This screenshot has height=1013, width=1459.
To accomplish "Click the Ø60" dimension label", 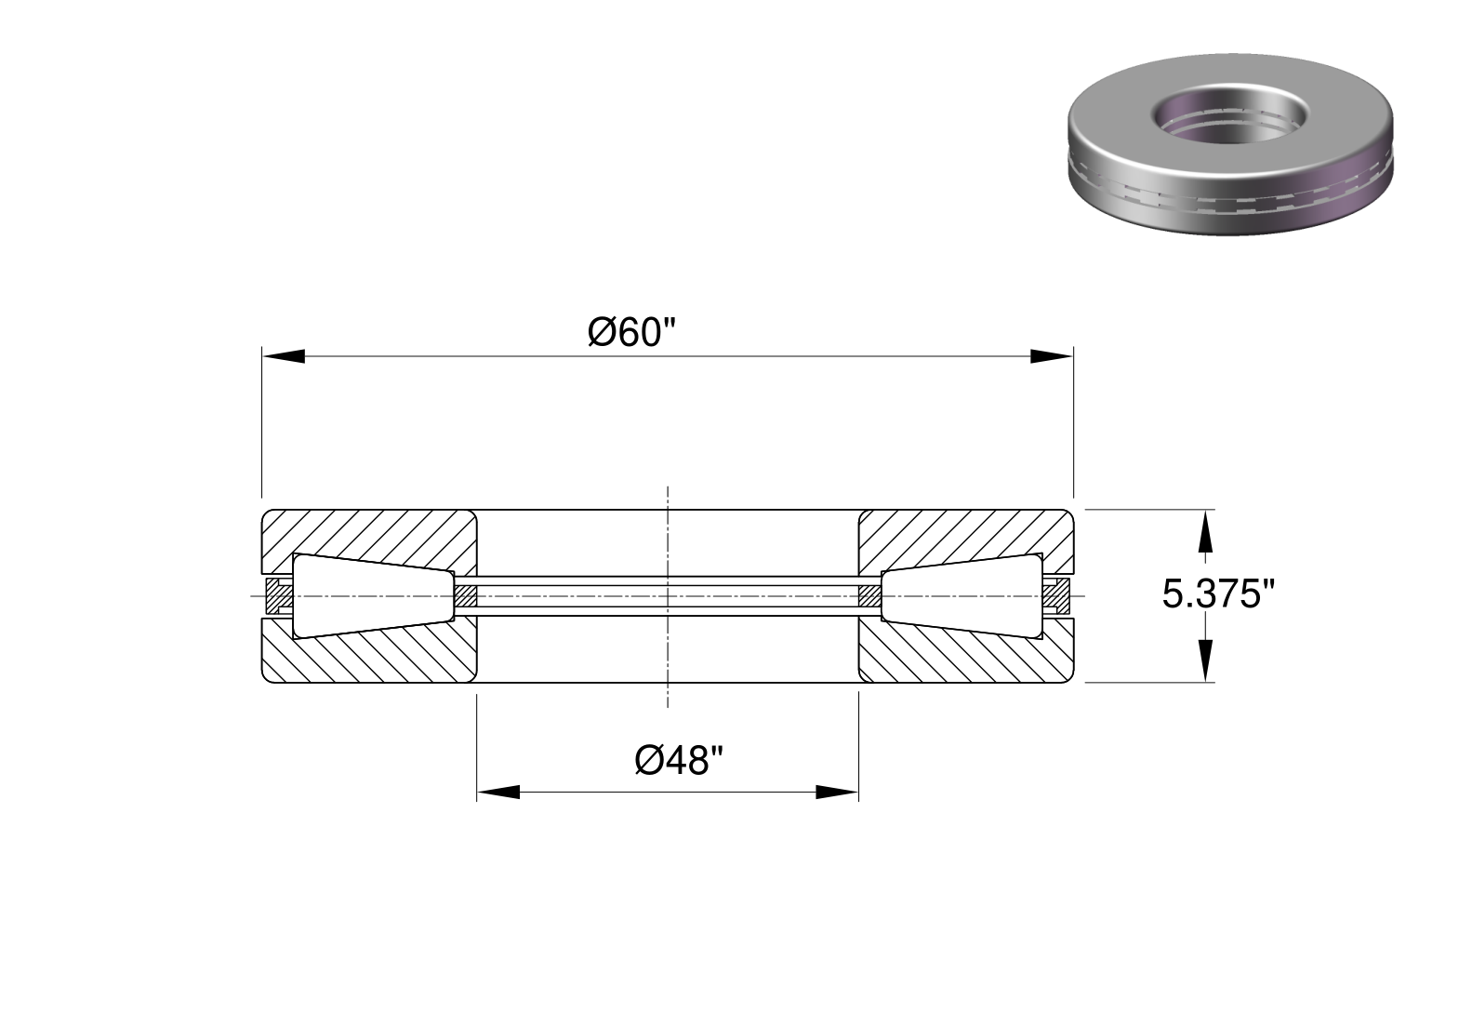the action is (631, 332).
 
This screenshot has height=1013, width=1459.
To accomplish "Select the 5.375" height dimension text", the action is (1219, 594).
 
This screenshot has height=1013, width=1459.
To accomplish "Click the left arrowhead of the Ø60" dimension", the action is (284, 356).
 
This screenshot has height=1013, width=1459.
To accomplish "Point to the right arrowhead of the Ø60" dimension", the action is (1052, 356).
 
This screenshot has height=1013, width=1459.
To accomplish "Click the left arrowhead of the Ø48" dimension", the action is (498, 793).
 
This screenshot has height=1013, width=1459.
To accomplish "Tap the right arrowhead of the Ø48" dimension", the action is (837, 793).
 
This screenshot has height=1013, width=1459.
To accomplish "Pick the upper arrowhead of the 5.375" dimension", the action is (1206, 531).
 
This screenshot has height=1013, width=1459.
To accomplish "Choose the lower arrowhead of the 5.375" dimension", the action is (1206, 660).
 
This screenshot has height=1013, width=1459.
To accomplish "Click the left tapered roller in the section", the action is (373, 595).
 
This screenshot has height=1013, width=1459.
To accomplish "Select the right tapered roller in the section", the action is (962, 595).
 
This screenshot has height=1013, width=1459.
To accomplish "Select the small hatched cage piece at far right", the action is (1056, 595).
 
